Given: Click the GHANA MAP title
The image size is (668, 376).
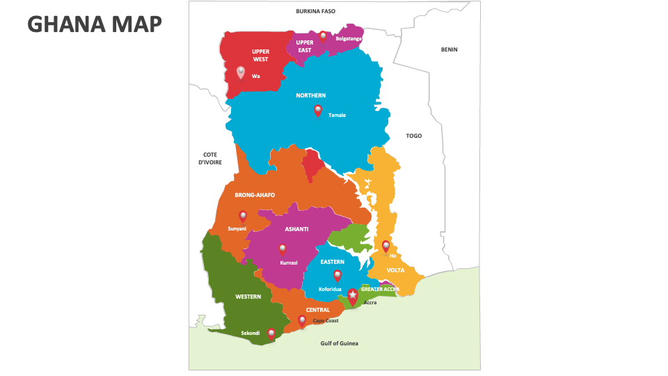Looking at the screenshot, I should click(95, 24).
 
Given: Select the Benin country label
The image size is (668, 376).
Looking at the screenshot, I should click(449, 49).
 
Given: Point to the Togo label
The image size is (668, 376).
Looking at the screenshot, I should click(414, 136).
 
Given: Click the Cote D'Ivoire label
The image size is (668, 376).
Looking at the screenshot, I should click(210, 158).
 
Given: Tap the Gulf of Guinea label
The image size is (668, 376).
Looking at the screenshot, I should click(340, 343).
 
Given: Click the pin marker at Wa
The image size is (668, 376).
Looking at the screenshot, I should click(241, 72).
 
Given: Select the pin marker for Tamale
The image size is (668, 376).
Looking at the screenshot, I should click(318, 110).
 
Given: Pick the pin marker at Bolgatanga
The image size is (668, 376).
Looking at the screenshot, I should click(323, 36).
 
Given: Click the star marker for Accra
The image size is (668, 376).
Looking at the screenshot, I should click(353, 297).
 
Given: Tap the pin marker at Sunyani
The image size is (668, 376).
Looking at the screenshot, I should click(243, 216).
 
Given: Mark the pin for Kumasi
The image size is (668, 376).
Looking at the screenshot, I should click(283, 249).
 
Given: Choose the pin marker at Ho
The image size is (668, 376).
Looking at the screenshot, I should click(385, 246).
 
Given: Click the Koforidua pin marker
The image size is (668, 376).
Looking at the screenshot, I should click(337, 275).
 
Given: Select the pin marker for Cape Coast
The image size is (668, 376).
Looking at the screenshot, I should click(302, 320).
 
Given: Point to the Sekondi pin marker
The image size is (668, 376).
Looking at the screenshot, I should click(271, 334).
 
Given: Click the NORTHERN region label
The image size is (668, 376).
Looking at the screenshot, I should click(310, 95).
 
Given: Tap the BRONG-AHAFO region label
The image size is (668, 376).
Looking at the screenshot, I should click(255, 195).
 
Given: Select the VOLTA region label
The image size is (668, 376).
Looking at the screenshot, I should click(395, 270).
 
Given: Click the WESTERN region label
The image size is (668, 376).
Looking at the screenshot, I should click(248, 297).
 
